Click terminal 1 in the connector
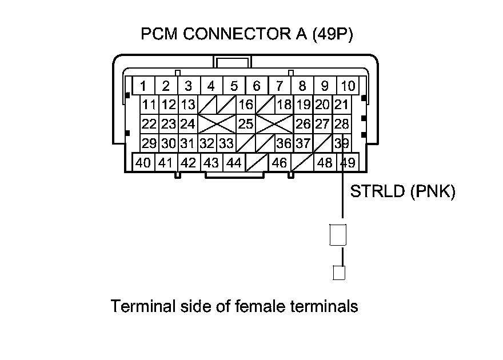click(143, 86)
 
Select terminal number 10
click(348, 86)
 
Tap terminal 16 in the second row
click(246, 105)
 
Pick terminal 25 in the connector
click(246, 123)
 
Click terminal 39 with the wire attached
click(342, 143)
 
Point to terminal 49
click(348, 162)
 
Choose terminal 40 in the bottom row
click(143, 162)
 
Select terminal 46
click(280, 162)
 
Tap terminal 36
click(284, 143)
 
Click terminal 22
click(150, 123)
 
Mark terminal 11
click(150, 105)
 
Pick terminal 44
click(234, 162)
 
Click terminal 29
click(150, 143)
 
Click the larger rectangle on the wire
click(338, 234)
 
